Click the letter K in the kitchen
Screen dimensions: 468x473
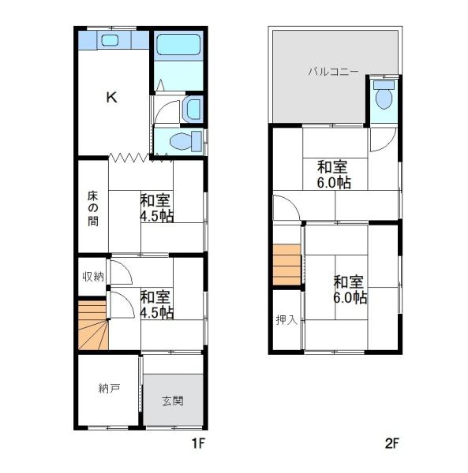click(112, 97)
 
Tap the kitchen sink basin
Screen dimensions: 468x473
click(109, 40)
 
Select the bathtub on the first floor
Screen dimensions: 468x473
click(178, 45)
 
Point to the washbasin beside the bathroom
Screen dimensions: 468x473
click(192, 109)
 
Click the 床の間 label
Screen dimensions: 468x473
click(92, 209)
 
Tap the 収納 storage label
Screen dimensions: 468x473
click(93, 277)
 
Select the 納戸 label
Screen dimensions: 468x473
click(109, 389)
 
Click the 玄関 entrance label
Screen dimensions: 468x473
click(172, 401)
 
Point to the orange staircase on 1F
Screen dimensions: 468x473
click(93, 325)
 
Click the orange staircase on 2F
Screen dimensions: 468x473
click(286, 265)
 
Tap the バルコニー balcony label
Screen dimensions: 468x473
click(333, 72)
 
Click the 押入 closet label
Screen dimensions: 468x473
click(286, 320)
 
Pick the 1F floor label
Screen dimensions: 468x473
click(199, 443)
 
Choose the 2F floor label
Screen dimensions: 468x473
click(392, 443)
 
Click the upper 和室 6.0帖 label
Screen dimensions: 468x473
click(334, 175)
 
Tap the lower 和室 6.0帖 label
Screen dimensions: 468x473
click(350, 289)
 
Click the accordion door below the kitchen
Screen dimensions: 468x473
click(140, 158)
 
